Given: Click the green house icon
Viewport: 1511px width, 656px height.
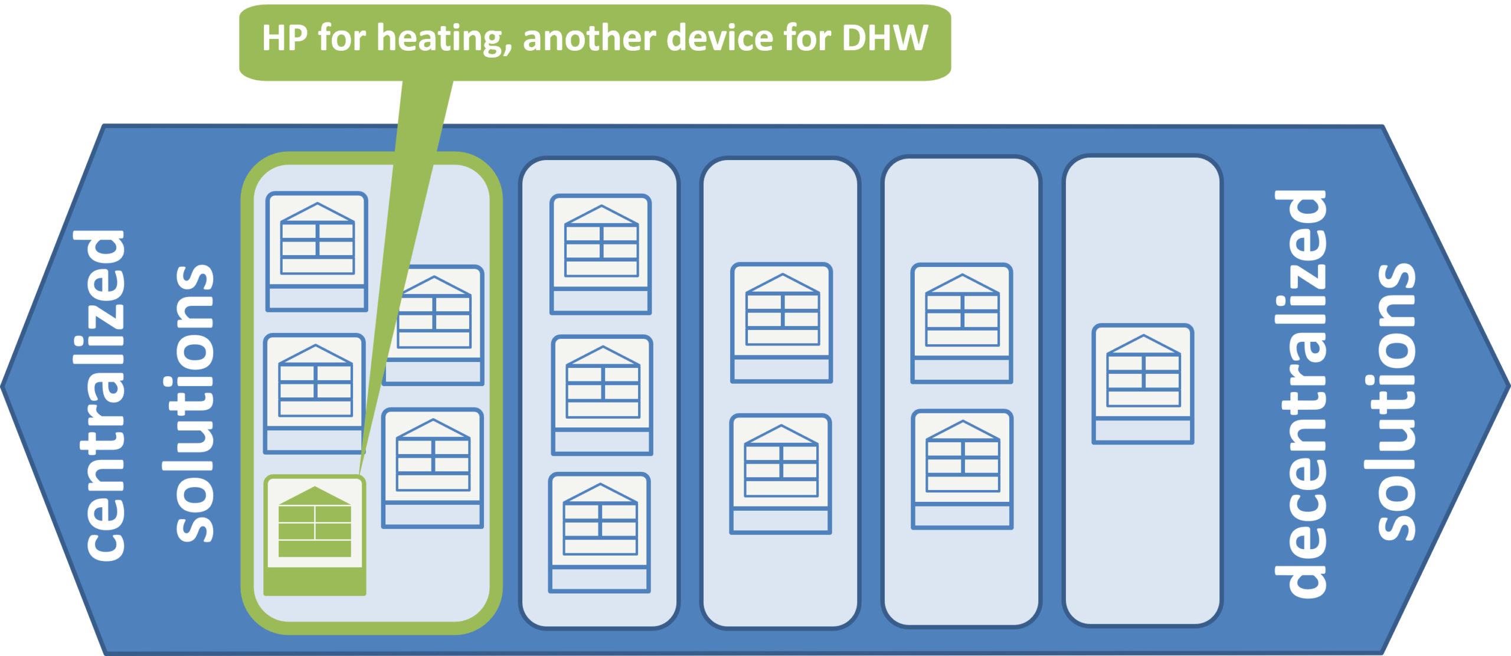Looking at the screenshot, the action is click(x=315, y=535).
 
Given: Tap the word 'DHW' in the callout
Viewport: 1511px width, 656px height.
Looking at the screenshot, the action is click(x=885, y=38).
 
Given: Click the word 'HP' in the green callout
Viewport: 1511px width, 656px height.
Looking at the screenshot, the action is click(x=284, y=38).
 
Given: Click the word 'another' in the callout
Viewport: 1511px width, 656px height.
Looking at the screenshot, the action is click(x=589, y=39).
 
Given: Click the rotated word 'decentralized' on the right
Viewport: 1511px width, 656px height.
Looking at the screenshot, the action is click(x=1300, y=394).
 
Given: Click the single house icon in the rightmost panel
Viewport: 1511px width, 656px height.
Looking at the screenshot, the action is click(x=1143, y=384).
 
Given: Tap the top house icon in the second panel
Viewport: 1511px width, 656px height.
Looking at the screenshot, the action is click(x=601, y=254).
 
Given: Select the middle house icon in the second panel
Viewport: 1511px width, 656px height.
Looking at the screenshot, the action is click(x=602, y=395).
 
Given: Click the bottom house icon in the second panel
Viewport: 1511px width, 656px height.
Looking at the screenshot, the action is click(x=600, y=532).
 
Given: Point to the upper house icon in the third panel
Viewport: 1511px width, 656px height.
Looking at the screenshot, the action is click(x=781, y=323).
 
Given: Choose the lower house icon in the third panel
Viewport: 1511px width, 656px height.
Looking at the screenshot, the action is click(x=780, y=474).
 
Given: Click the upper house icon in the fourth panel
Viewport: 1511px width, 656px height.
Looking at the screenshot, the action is click(x=962, y=324).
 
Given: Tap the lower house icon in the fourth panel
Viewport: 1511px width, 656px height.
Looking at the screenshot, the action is click(x=962, y=469).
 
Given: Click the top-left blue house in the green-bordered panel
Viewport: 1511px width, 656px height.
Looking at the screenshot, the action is click(x=317, y=252).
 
